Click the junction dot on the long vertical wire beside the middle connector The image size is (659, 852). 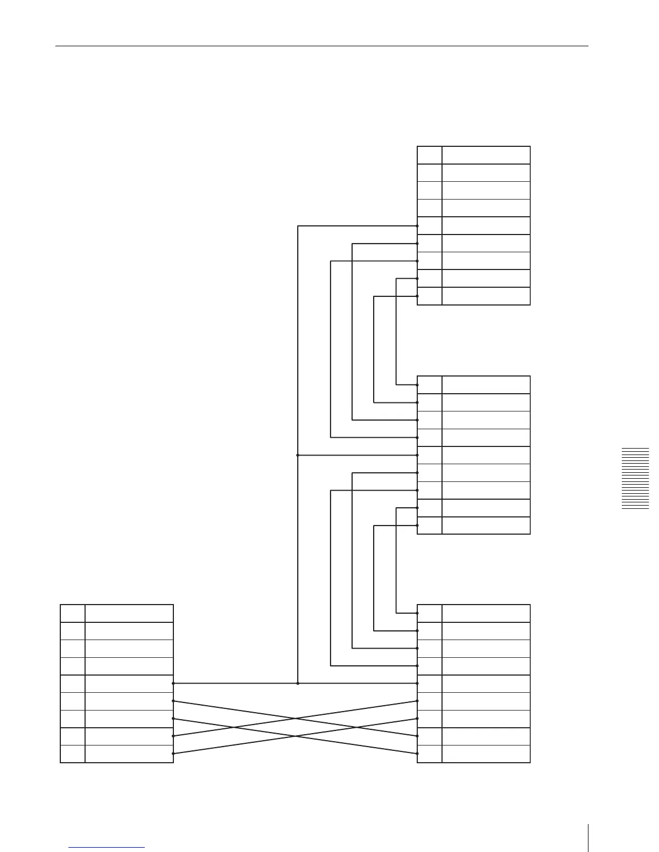(298, 455)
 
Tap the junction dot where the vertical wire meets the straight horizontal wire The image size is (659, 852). (298, 683)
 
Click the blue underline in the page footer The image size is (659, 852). (107, 848)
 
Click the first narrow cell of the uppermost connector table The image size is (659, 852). (430, 155)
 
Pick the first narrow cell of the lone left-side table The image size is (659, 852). (73, 613)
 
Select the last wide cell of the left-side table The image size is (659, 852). (129, 754)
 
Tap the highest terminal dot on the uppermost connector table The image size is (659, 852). (417, 226)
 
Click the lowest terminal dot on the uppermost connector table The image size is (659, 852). (417, 296)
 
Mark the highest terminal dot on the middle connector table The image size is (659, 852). (417, 385)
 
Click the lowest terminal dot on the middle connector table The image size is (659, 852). (417, 526)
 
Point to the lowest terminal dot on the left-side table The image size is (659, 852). (173, 754)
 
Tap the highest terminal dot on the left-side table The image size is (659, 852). (173, 683)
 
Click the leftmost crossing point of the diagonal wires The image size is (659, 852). (234, 727)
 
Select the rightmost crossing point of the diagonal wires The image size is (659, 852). (356, 727)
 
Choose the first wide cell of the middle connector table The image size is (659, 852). (486, 385)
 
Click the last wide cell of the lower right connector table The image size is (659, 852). (486, 754)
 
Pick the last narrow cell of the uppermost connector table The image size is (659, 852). (430, 296)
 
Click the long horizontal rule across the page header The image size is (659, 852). (321, 46)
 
